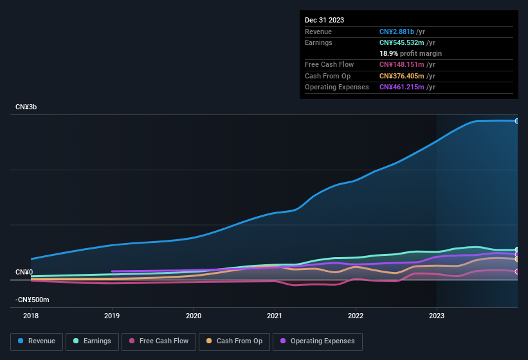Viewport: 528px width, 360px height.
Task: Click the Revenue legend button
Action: point(37,341)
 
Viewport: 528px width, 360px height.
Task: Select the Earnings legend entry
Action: point(93,341)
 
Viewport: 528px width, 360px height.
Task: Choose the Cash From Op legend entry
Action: point(235,341)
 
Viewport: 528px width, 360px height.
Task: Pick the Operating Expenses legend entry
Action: point(317,341)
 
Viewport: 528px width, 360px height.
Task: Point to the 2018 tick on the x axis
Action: point(31,316)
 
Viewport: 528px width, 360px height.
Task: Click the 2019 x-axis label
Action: point(112,316)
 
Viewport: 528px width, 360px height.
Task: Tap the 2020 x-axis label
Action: point(194,316)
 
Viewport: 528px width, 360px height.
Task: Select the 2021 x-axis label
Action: point(275,316)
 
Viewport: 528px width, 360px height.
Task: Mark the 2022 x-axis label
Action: point(356,316)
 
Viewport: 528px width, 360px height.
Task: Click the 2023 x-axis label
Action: point(437,316)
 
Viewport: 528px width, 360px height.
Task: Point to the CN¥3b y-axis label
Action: point(26,107)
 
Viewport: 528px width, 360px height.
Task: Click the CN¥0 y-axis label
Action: point(24,273)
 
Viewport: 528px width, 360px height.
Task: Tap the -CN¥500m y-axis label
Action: point(32,300)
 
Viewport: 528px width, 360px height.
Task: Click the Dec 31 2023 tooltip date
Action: point(324,20)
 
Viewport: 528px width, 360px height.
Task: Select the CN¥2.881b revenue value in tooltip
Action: point(397,32)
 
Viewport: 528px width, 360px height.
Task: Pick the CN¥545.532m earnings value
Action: point(403,42)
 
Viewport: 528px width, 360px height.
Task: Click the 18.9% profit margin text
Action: point(410,53)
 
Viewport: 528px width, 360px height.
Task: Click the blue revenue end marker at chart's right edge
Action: point(517,121)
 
